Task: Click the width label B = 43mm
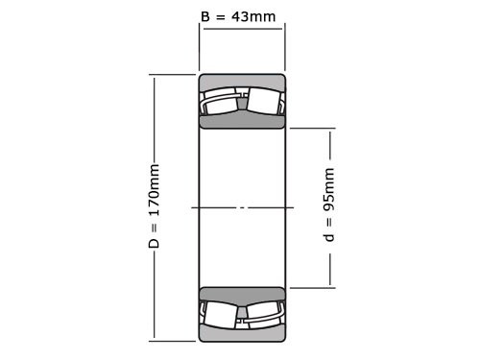tap(241, 16)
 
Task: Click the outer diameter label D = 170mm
tap(154, 206)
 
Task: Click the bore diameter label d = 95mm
tap(329, 205)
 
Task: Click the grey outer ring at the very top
tap(242, 80)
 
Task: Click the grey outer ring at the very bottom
tap(242, 335)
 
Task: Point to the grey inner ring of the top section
tap(242, 121)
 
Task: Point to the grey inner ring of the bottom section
tap(242, 294)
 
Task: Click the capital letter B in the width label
tap(205, 16)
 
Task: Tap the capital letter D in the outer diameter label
tap(154, 245)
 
